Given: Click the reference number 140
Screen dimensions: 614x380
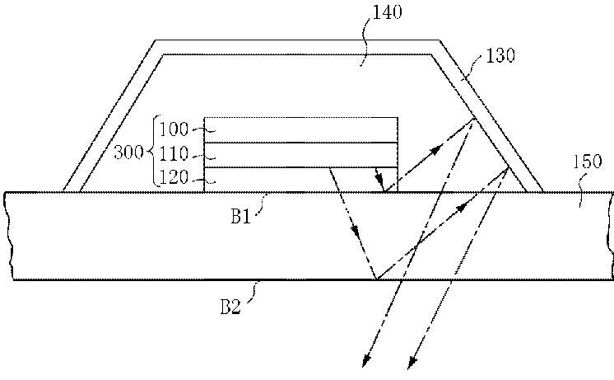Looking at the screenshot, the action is [x=387, y=12].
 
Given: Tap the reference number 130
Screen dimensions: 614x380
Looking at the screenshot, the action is [x=500, y=55].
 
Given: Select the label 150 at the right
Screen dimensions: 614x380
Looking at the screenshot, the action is [x=587, y=162].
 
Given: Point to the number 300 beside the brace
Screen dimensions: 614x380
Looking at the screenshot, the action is [x=128, y=152].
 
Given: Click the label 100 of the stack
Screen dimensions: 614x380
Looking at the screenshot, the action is [x=174, y=129].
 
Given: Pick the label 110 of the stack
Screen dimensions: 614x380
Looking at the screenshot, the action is [x=174, y=153].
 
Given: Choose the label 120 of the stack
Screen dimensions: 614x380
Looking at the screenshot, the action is [x=174, y=177].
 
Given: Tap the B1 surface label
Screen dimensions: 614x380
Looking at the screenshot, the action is [x=240, y=217].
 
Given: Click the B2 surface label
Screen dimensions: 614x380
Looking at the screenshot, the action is [x=230, y=307].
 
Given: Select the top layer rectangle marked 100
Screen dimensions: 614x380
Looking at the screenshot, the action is [x=301, y=129].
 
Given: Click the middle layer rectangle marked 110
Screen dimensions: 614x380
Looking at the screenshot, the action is [x=301, y=155].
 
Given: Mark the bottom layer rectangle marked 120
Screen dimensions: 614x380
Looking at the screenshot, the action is [x=301, y=180].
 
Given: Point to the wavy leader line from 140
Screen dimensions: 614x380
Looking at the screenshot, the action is [x=365, y=44].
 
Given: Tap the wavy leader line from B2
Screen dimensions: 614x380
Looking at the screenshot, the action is [x=254, y=291].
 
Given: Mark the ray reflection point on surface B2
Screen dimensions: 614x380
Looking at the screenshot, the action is [x=376, y=279].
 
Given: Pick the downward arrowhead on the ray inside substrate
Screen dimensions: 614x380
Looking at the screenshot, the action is [x=356, y=232].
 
